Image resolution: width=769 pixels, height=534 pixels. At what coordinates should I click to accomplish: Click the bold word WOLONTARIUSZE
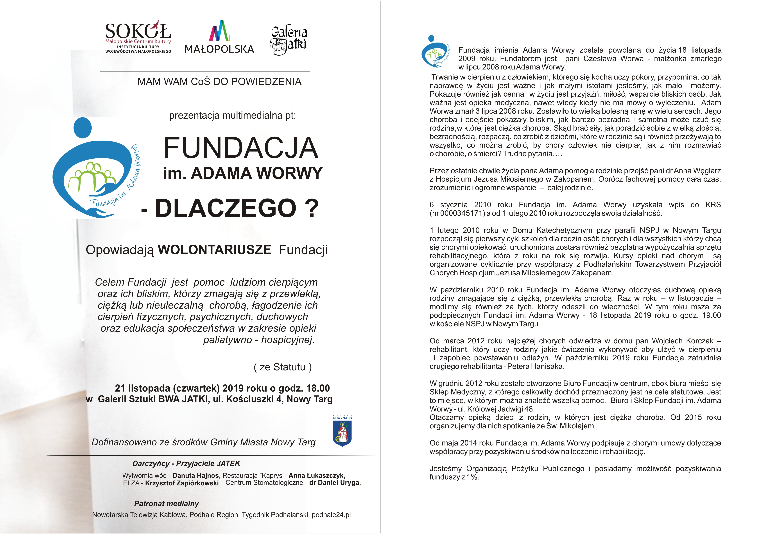coord(214,250)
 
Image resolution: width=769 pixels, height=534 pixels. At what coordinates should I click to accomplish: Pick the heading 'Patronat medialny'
coord(166,504)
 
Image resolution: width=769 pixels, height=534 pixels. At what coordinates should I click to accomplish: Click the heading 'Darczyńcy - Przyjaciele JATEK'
coord(186,463)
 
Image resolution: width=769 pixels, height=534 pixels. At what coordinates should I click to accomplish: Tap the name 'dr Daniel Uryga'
coord(334,483)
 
